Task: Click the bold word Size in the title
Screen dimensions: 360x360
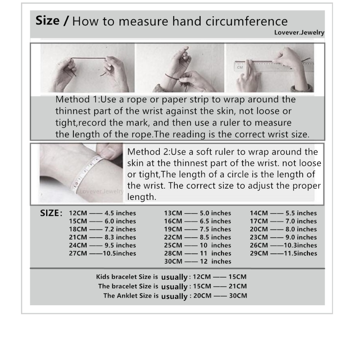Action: pos(48,21)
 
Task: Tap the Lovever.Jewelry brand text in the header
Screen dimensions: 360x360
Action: pos(299,33)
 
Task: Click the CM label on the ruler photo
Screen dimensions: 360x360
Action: pos(240,67)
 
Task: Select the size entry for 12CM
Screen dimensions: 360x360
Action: pos(102,213)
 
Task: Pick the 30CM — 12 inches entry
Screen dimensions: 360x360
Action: pos(198,261)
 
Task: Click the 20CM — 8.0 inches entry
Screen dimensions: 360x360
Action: pos(283,229)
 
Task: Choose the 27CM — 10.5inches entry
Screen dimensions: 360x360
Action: pos(102,253)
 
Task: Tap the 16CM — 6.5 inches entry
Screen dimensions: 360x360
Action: pos(198,221)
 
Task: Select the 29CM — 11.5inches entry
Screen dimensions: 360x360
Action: pos(283,253)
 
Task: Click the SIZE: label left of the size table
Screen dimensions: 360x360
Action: pos(51,213)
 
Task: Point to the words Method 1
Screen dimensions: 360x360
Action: pos(76,99)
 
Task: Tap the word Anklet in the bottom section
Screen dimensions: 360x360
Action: pos(127,295)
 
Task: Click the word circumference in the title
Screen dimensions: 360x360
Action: pos(246,21)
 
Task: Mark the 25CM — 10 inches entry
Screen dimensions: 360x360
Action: pos(198,245)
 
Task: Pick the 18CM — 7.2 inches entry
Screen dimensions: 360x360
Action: pos(102,229)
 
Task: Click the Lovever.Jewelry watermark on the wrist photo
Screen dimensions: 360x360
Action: pos(102,191)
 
